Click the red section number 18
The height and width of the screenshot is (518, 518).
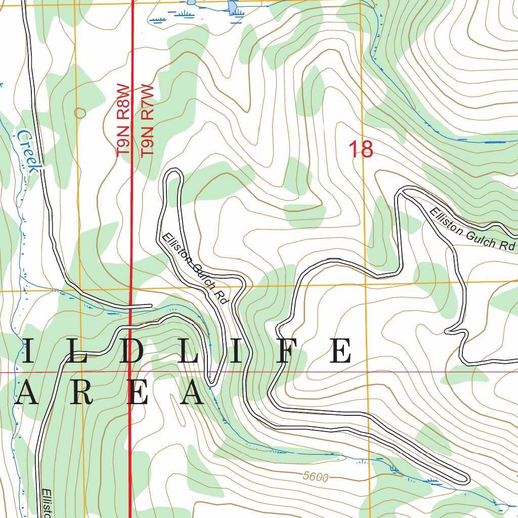click(x=361, y=150)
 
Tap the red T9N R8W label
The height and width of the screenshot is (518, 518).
click(x=123, y=121)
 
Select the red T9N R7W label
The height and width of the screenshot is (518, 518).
click(x=147, y=121)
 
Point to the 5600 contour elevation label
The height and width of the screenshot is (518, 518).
click(x=317, y=477)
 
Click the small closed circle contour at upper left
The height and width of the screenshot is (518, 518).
click(x=80, y=113)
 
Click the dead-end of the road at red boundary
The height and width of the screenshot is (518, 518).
click(x=150, y=306)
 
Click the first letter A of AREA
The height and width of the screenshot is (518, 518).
click(x=28, y=393)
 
